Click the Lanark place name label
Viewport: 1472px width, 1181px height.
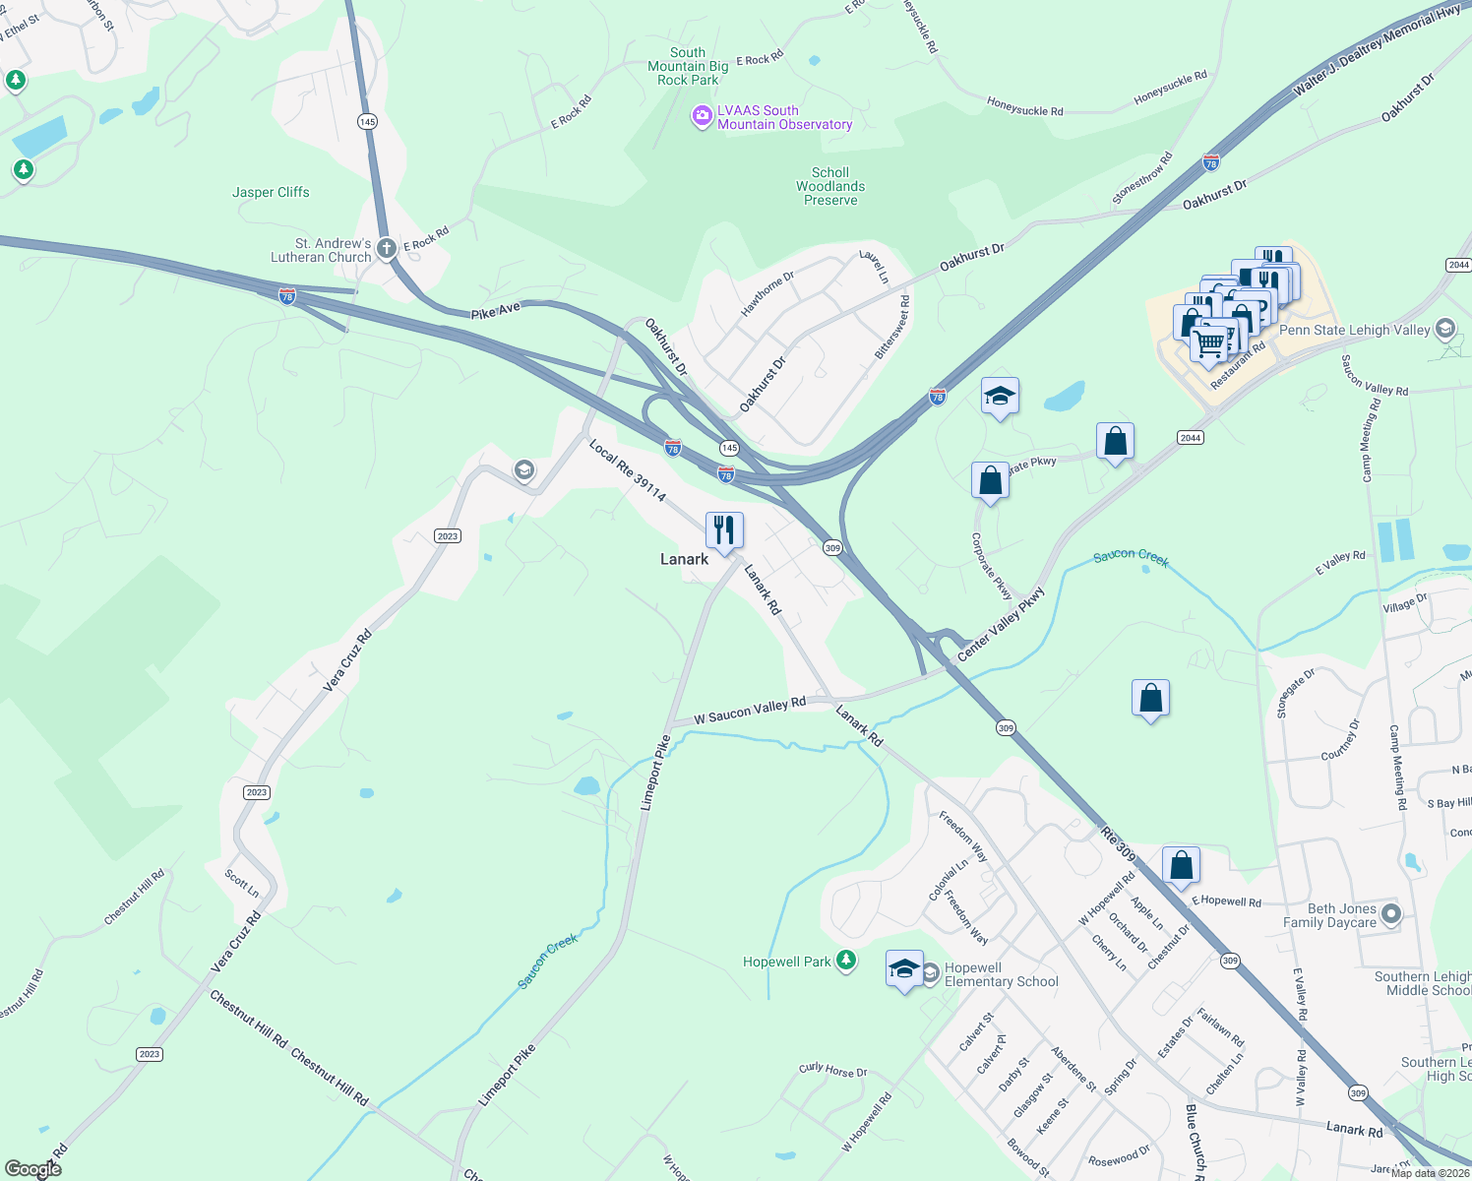point(684,559)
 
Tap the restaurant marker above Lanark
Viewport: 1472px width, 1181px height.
point(724,531)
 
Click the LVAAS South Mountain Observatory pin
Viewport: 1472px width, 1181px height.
point(702,117)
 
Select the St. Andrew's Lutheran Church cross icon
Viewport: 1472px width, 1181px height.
point(387,249)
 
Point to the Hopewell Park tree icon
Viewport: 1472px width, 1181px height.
point(845,962)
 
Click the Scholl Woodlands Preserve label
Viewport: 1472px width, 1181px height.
point(830,186)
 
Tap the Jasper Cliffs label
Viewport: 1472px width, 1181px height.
point(271,192)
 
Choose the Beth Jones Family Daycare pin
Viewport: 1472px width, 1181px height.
point(1390,914)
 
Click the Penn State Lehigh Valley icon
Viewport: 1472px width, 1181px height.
point(1445,329)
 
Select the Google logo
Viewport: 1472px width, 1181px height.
point(33,1168)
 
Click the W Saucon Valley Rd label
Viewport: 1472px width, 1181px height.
point(750,711)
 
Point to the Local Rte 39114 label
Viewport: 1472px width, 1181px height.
point(627,470)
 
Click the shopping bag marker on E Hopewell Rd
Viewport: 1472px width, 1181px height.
point(1181,866)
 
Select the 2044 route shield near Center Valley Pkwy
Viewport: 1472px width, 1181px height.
point(1191,438)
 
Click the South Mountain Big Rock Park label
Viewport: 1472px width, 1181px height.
point(688,66)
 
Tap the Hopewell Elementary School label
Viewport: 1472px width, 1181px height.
point(1001,974)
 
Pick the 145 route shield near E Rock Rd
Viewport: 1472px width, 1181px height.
point(367,122)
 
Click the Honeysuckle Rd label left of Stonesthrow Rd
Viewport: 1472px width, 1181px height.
point(1024,107)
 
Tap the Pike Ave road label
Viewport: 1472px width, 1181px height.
point(496,311)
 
